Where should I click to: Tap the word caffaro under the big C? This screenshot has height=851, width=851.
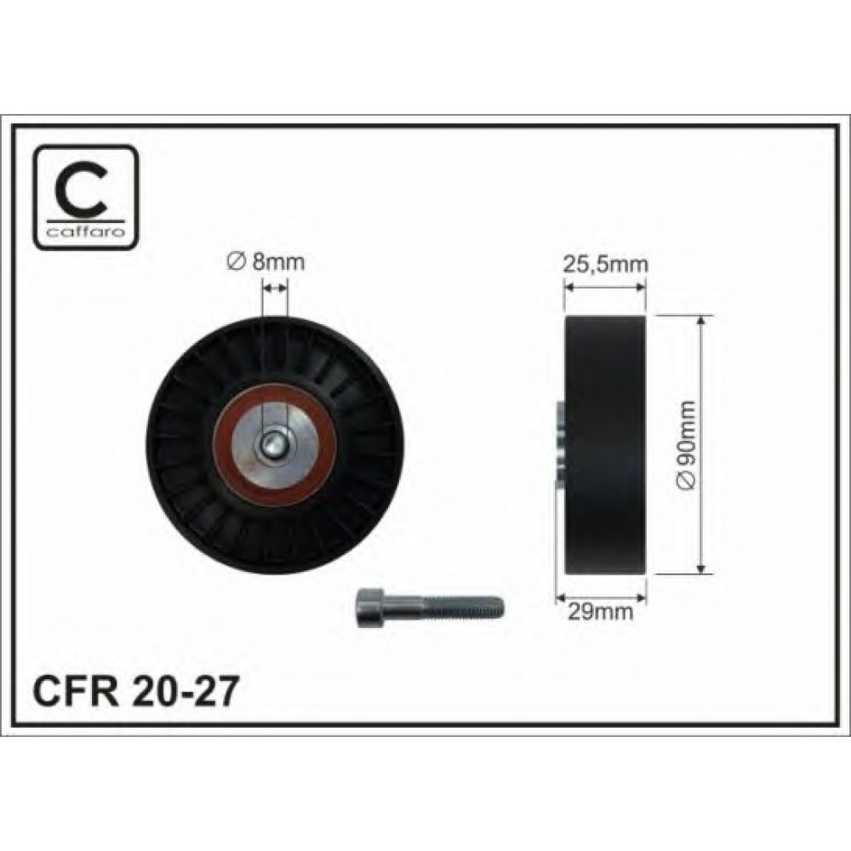[x=86, y=232]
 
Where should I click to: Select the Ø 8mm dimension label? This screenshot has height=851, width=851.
[x=265, y=262]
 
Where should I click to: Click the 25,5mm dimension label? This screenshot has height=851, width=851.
[x=606, y=265]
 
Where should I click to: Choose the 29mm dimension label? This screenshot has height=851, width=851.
[x=601, y=612]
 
